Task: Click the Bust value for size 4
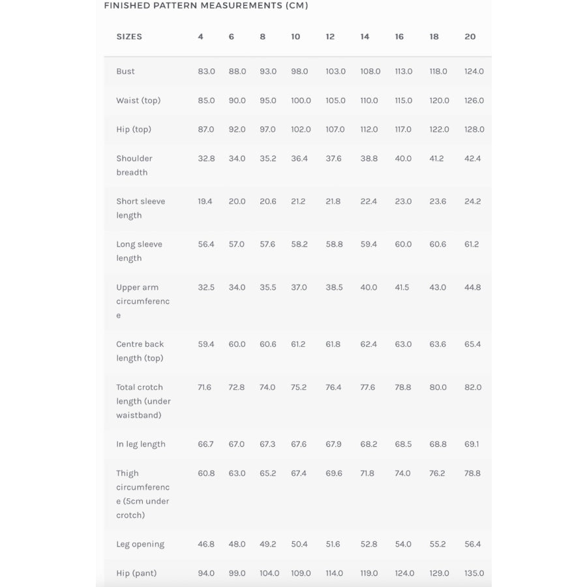206,72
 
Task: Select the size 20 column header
470,37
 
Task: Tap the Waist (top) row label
138,100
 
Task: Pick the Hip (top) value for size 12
335,130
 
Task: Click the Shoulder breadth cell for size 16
403,158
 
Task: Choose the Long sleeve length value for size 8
267,245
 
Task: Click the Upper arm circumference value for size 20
472,288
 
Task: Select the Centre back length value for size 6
237,344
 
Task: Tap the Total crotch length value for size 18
438,387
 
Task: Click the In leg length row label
141,445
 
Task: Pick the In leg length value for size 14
368,445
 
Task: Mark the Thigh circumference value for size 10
299,474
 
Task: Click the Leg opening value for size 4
206,545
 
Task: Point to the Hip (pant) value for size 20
474,574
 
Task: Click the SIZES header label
129,37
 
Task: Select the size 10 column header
295,37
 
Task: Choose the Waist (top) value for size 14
369,101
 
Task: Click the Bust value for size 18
438,72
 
